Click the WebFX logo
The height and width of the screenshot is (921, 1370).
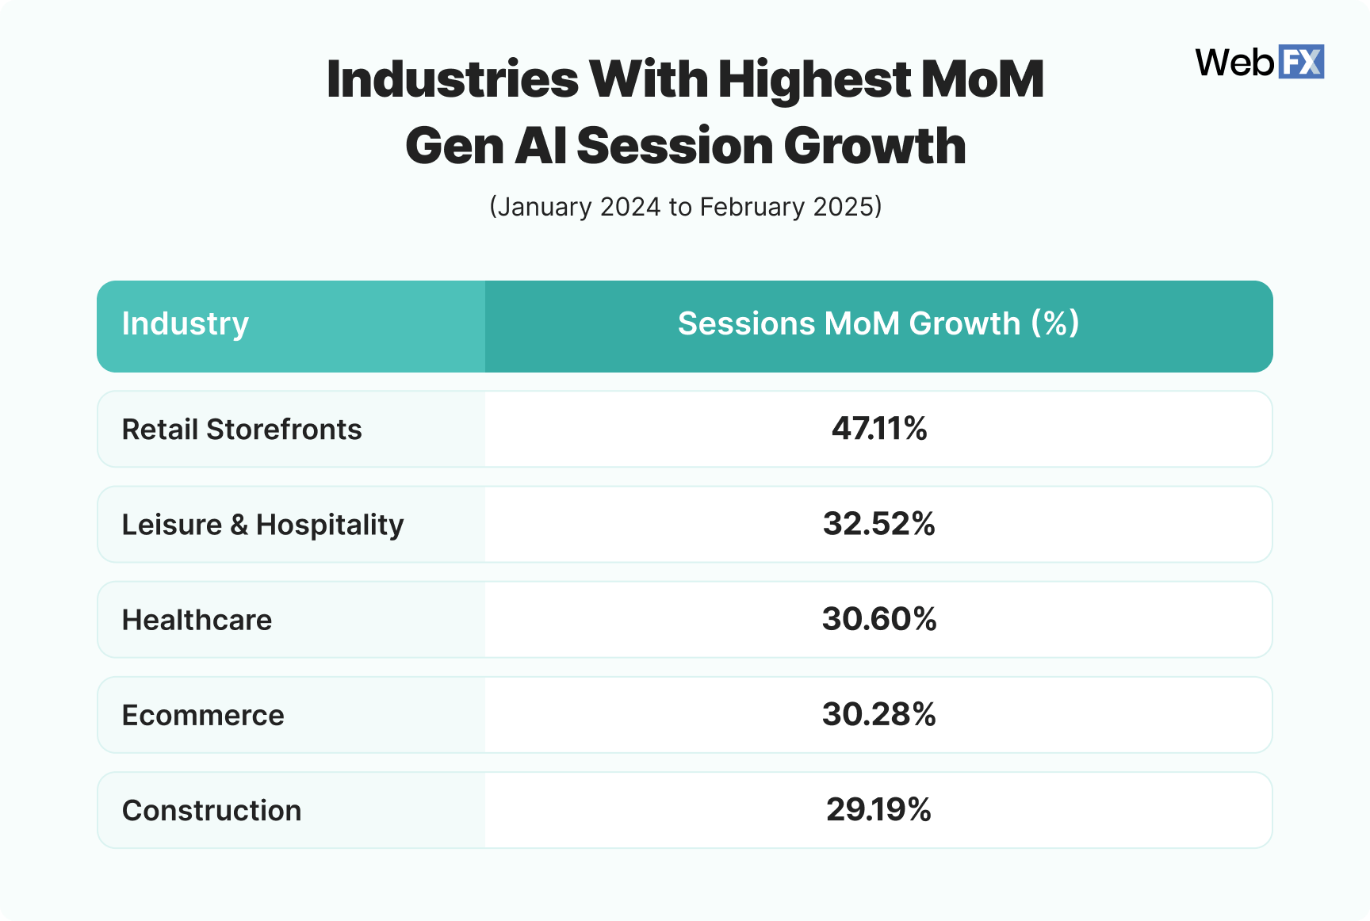pyautogui.click(x=1259, y=62)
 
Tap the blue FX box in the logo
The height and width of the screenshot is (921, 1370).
pyautogui.click(x=1301, y=62)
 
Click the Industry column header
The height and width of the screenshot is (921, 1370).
pyautogui.click(x=186, y=324)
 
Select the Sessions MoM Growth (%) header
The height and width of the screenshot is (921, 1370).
pyautogui.click(x=878, y=324)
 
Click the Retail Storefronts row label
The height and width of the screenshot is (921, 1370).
pyautogui.click(x=242, y=430)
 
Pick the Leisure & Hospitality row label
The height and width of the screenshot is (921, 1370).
pyautogui.click(x=262, y=525)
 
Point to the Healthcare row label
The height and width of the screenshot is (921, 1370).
pyautogui.click(x=197, y=620)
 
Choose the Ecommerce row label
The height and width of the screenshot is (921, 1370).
pyautogui.click(x=203, y=715)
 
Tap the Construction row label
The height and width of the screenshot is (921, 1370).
pyautogui.click(x=212, y=810)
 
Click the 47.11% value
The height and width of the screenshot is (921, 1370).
pyautogui.click(x=879, y=429)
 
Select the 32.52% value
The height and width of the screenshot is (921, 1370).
pyautogui.click(x=879, y=524)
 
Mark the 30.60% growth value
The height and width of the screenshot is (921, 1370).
pyautogui.click(x=879, y=619)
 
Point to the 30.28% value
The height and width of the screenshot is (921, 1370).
pyautogui.click(x=879, y=714)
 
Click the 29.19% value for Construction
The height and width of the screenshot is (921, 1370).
pyautogui.click(x=879, y=809)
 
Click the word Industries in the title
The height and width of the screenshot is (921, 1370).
pyautogui.click(x=452, y=79)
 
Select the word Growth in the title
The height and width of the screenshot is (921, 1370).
pyautogui.click(x=874, y=146)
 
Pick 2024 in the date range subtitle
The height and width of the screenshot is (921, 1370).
pyautogui.click(x=630, y=207)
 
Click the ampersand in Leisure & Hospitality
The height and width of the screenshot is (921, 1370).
pyautogui.click(x=239, y=525)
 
